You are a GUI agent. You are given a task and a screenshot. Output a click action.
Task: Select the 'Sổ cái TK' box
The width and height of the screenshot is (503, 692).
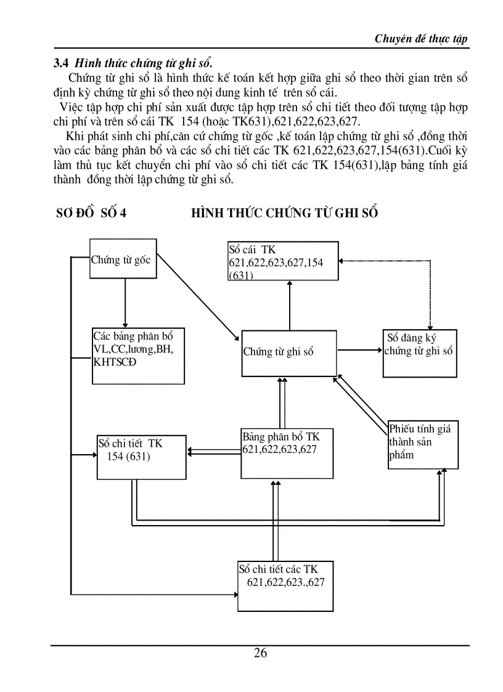click(x=283, y=262)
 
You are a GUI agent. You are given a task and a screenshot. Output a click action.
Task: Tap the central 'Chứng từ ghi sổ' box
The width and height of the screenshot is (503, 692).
click(x=288, y=352)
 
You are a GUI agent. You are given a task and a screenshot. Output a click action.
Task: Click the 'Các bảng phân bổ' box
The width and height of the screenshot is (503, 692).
click(x=138, y=356)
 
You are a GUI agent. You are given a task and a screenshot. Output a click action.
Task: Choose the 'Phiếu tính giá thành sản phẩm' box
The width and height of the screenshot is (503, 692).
click(x=422, y=444)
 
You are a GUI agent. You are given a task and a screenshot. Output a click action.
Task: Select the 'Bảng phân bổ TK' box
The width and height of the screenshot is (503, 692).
click(x=286, y=453)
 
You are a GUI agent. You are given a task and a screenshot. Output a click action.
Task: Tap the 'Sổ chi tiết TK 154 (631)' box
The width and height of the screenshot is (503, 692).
click(x=141, y=457)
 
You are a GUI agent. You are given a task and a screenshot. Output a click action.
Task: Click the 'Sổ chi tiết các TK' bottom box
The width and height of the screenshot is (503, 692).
click(x=285, y=585)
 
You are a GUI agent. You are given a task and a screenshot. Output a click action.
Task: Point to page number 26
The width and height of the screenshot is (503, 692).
click(x=260, y=653)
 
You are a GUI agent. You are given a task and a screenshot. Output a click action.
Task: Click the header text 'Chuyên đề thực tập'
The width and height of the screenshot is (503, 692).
click(x=421, y=39)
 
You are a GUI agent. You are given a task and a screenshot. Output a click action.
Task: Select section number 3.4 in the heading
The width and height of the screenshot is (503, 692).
click(x=60, y=63)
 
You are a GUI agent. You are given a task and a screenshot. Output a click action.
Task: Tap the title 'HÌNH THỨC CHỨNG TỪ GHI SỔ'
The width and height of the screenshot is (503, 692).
click(x=284, y=213)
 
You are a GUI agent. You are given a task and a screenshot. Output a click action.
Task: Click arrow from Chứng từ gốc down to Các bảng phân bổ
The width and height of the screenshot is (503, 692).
click(x=125, y=302)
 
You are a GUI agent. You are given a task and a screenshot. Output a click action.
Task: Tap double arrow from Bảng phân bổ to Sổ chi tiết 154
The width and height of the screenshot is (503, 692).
click(x=214, y=452)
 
